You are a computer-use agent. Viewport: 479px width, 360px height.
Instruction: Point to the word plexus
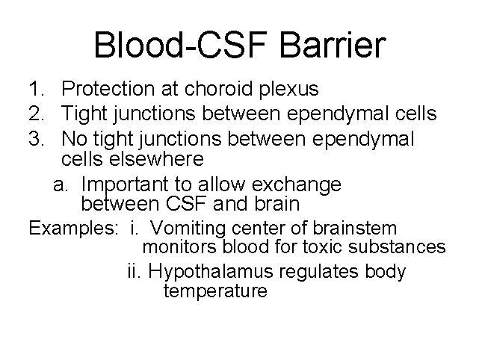click(x=288, y=90)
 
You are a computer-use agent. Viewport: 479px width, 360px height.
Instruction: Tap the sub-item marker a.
click(x=61, y=184)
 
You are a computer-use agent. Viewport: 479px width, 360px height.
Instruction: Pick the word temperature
click(x=214, y=291)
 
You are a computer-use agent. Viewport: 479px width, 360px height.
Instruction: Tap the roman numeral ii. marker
click(x=135, y=270)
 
